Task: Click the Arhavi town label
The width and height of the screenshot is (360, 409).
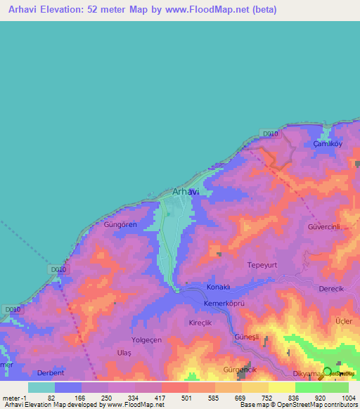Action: click(x=186, y=192)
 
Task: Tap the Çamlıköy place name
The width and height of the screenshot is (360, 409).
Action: click(x=326, y=143)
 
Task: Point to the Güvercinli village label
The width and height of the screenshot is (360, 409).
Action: click(x=323, y=228)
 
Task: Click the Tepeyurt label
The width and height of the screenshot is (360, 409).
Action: click(x=264, y=265)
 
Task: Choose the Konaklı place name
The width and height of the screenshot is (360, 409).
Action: click(x=219, y=287)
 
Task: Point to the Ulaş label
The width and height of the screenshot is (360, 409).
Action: click(x=124, y=351)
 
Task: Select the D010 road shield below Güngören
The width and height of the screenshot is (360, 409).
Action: click(x=58, y=269)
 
